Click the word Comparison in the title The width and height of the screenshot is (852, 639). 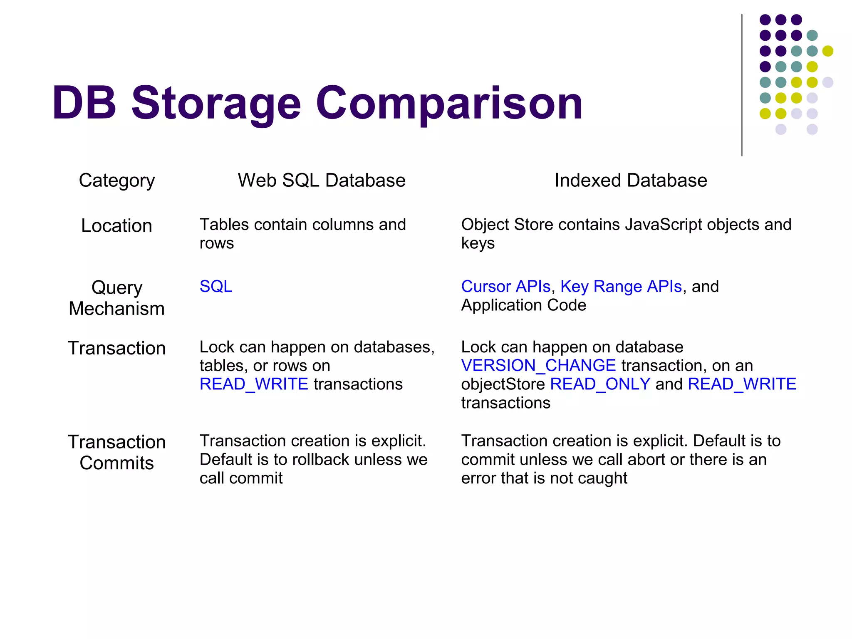449,103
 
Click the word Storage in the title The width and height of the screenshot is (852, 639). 216,103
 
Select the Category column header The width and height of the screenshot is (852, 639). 116,181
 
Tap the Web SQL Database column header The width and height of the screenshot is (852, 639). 321,181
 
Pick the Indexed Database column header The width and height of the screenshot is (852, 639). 630,181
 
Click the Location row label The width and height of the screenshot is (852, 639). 116,226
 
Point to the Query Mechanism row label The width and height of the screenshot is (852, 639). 116,298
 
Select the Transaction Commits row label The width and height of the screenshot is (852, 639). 116,453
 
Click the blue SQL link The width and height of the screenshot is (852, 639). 215,287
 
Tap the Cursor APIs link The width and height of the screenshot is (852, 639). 505,287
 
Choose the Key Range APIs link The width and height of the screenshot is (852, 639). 621,287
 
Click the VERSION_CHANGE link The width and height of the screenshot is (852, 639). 538,366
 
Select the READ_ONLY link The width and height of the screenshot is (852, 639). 600,384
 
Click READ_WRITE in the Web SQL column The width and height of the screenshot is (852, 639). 254,384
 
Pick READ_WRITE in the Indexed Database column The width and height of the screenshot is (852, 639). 742,384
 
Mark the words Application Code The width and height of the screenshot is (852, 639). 523,305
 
